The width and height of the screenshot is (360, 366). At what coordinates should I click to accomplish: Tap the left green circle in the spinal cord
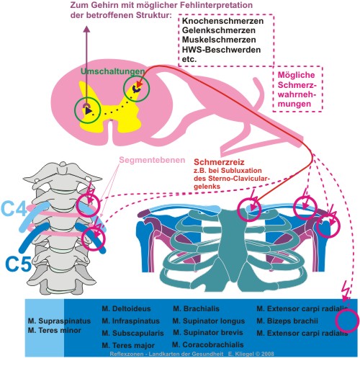coord(87,110)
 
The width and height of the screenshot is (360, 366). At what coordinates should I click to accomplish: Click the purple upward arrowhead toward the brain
coord(88,29)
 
